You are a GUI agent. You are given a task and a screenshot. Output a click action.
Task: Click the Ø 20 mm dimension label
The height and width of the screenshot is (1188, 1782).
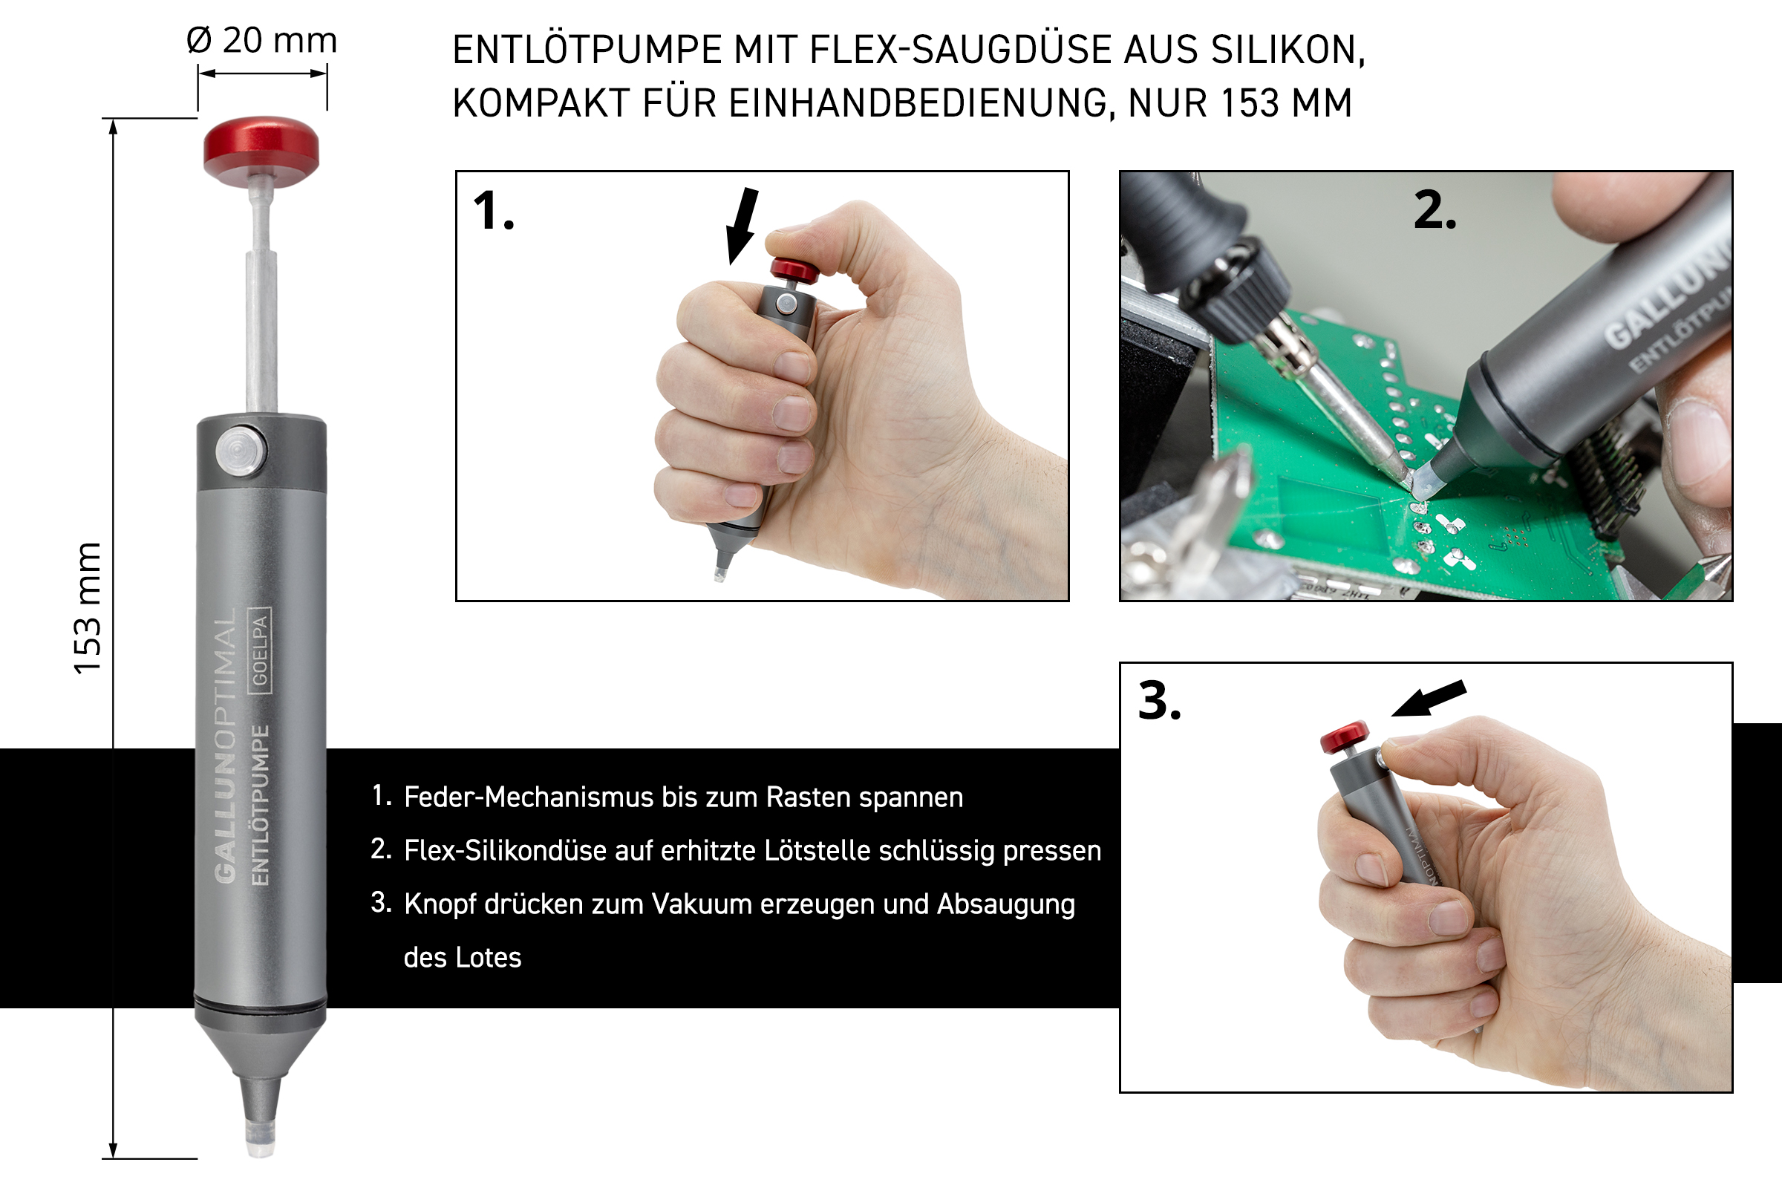point(261,40)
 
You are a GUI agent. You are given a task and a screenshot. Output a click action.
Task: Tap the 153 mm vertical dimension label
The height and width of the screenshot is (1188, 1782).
point(87,608)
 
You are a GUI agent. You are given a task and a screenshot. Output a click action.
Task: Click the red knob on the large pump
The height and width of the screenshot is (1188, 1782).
point(261,151)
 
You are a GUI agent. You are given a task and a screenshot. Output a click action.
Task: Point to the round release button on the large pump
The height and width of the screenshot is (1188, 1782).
point(240,451)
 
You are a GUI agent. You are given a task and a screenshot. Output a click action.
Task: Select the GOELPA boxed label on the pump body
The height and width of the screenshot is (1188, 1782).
point(260,650)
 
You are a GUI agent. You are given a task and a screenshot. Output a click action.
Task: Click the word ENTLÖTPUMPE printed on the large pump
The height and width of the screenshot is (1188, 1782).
point(260,805)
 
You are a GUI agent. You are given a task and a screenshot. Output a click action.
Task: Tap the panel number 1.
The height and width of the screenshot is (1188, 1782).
point(493,211)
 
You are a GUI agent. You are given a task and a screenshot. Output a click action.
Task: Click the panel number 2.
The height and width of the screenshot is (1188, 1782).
point(1435,210)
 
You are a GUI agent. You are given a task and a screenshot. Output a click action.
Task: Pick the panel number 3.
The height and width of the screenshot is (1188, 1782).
point(1159,701)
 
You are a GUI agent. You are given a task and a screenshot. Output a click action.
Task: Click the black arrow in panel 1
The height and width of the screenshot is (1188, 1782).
point(742,226)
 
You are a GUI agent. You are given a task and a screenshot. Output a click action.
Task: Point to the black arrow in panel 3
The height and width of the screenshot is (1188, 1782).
point(1429,698)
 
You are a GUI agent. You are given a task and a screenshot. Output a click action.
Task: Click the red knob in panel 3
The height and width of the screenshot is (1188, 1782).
point(1345,737)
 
